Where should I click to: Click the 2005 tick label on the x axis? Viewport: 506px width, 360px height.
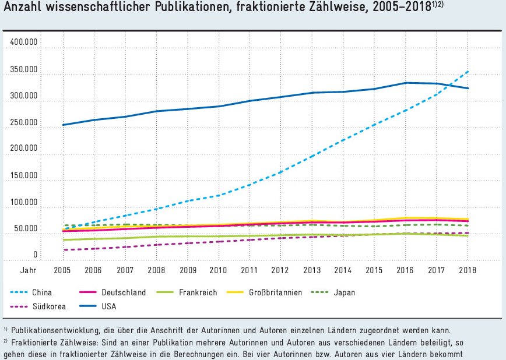coord(62,271)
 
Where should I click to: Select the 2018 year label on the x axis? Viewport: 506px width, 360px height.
coord(468,271)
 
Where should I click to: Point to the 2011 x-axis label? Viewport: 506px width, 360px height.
coord(250,271)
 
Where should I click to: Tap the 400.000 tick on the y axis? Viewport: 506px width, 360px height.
coord(24,43)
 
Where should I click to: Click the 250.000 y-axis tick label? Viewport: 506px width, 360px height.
coord(24,122)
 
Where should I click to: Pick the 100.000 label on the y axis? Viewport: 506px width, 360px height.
coord(24,202)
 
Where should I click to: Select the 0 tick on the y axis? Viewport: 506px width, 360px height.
coord(35,255)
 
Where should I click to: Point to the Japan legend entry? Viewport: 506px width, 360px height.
coord(345,292)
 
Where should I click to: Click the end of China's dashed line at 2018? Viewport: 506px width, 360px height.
coord(468,72)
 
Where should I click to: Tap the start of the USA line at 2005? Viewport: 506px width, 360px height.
coord(63,125)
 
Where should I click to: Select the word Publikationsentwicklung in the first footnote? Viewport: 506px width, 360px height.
coord(55,331)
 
